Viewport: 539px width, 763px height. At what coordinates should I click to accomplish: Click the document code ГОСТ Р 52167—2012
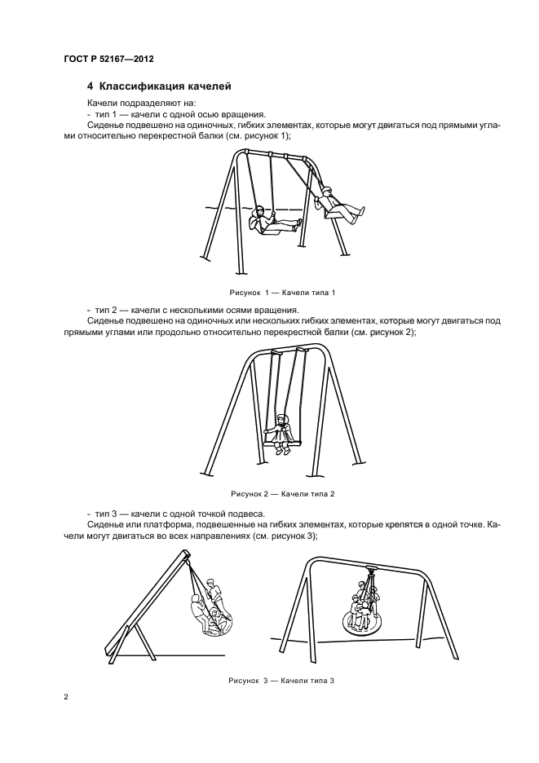108,60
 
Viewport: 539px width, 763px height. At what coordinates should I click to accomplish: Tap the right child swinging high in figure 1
334,205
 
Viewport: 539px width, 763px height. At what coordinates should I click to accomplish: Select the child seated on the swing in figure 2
282,433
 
